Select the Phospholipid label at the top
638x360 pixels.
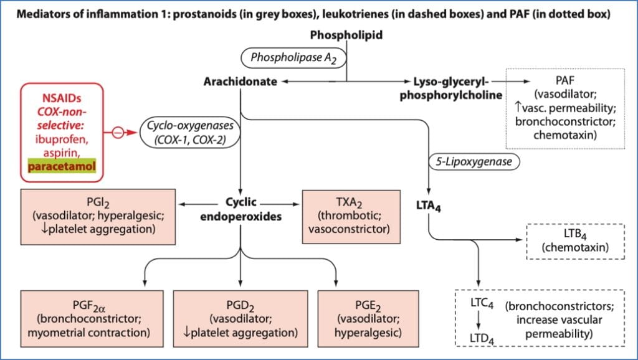[x=347, y=35]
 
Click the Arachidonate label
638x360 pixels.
[x=240, y=82]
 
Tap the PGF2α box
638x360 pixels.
[x=87, y=314]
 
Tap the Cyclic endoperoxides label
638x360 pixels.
[x=240, y=209]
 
